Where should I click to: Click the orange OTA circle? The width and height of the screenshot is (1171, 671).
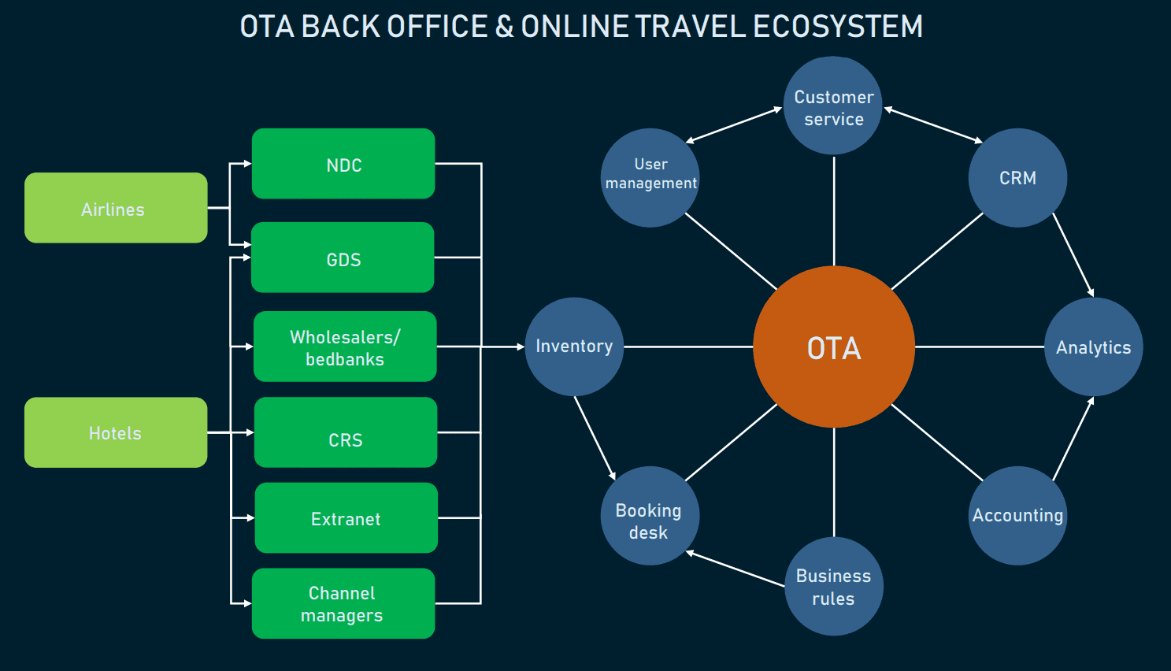[833, 347]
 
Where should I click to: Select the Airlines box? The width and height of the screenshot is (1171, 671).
[116, 208]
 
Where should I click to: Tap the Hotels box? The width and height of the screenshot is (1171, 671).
[116, 432]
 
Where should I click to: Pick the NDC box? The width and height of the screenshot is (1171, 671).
[343, 164]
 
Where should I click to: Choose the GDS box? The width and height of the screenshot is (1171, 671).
[343, 258]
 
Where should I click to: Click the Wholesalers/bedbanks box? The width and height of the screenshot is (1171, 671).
[345, 347]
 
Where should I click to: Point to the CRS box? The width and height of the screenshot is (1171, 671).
[346, 432]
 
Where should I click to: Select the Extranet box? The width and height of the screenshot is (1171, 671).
[346, 518]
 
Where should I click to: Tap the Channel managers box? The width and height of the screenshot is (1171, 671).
[343, 603]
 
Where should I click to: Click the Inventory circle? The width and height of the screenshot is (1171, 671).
[574, 347]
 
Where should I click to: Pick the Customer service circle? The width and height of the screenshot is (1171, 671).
[833, 106]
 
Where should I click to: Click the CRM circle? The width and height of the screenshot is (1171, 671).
[1017, 178]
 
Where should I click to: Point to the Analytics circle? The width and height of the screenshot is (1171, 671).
[1093, 347]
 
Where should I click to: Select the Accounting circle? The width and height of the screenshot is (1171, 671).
[1017, 515]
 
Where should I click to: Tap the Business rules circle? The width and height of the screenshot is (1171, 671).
[833, 586]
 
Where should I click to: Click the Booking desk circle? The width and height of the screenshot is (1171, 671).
[650, 515]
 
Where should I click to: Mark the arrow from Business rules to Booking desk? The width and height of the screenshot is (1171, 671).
[736, 569]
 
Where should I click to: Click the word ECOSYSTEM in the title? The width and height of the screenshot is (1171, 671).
[838, 27]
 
